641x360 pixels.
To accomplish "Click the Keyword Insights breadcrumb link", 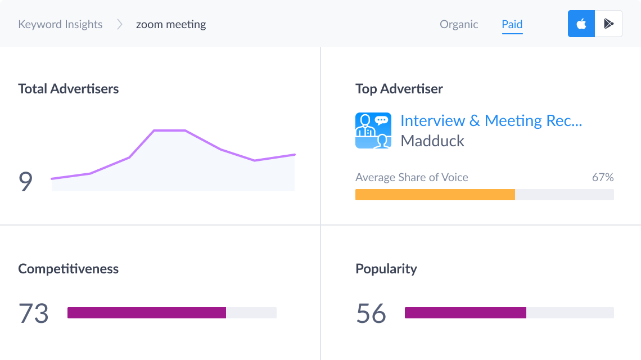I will (60, 24).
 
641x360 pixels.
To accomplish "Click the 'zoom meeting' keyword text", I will (171, 24).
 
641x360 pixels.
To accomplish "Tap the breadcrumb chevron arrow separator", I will (119, 24).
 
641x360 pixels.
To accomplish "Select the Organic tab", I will (459, 24).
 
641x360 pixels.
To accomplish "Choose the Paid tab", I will (512, 24).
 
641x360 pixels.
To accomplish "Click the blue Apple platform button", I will (581, 24).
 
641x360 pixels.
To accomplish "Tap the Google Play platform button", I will (608, 24).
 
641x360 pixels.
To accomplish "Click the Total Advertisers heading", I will (69, 89).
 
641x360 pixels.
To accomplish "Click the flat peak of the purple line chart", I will (169, 130).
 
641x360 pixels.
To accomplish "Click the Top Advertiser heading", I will (399, 89).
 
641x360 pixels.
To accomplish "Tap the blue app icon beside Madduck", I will (373, 130).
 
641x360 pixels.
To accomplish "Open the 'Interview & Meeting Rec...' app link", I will (491, 121).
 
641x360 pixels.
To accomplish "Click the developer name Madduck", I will (432, 141).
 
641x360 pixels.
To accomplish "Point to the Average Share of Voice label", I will (412, 177).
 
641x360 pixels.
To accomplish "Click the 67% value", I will (602, 177).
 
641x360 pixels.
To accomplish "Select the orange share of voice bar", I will (435, 195).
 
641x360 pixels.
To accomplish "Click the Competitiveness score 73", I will (34, 313).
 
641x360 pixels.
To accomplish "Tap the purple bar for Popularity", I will (465, 313).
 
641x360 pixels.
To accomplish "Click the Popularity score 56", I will (371, 313).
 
